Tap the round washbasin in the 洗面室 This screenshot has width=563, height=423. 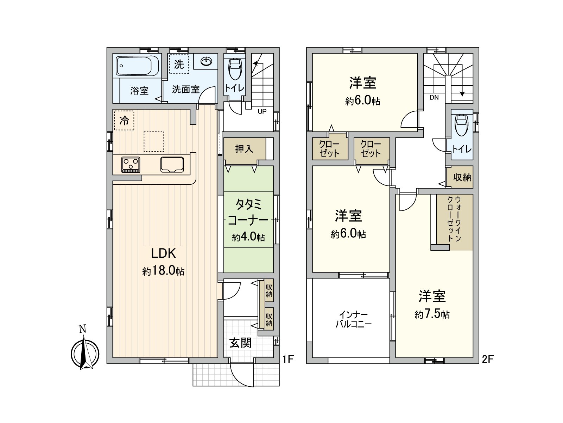[x=206, y=62]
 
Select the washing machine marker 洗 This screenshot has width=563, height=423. [x=179, y=65]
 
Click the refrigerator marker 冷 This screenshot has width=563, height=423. [x=124, y=121]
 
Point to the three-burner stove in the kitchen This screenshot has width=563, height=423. [x=131, y=165]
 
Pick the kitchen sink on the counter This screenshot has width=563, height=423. [x=172, y=165]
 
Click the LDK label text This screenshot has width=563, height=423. [x=163, y=253]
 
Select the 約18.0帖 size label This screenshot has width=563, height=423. [x=163, y=271]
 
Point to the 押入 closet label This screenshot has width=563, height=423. [x=244, y=149]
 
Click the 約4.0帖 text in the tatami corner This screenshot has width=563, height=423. [x=248, y=237]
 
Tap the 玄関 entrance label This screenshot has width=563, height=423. [x=240, y=343]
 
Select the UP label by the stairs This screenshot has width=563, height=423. [x=262, y=111]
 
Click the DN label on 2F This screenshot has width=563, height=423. [x=434, y=98]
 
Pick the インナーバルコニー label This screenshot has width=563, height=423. [x=353, y=319]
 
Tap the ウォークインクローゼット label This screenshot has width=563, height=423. [x=454, y=219]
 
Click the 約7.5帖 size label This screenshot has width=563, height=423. [x=432, y=314]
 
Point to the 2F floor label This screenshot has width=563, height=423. [x=488, y=359]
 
